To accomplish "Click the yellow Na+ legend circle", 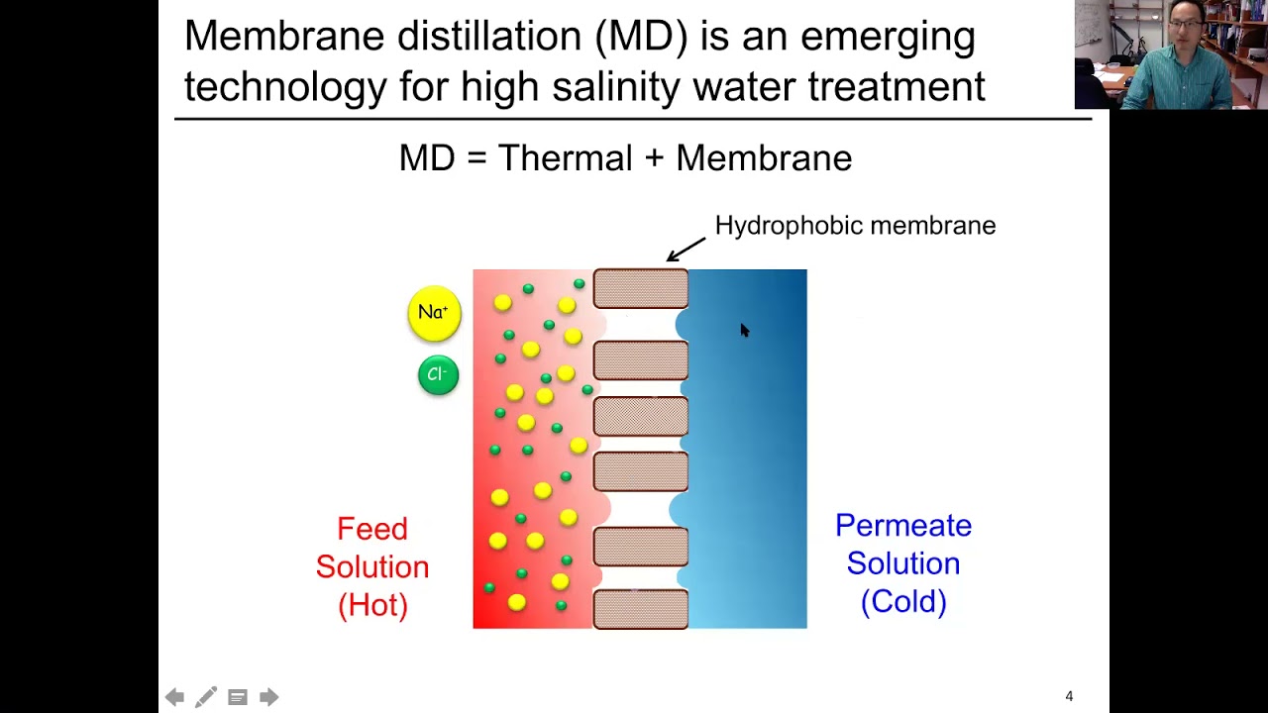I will pyautogui.click(x=434, y=314).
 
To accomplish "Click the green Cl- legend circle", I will pyautogui.click(x=438, y=375).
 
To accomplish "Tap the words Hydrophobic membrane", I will pyautogui.click(x=855, y=226).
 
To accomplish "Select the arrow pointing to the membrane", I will pyautogui.click(x=686, y=249).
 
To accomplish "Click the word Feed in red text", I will pyautogui.click(x=371, y=529).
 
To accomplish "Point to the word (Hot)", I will pyautogui.click(x=372, y=604).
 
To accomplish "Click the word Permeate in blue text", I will pyautogui.click(x=902, y=526).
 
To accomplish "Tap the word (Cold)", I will pyautogui.click(x=902, y=601).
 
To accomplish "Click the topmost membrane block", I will pyautogui.click(x=641, y=288).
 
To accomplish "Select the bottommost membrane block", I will pyautogui.click(x=641, y=608).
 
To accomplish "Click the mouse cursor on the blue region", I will pyautogui.click(x=744, y=330).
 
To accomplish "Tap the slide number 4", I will pyautogui.click(x=1069, y=696).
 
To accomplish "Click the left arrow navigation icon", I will pyautogui.click(x=174, y=697).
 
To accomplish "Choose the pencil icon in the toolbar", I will pyautogui.click(x=206, y=697).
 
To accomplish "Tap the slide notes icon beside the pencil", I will pyautogui.click(x=238, y=697).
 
